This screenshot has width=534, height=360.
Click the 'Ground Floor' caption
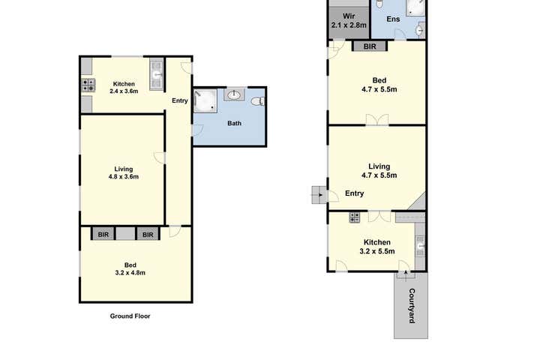[x=130, y=316]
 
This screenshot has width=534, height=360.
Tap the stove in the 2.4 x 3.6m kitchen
[x=87, y=85]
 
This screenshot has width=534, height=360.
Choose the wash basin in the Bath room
[x=235, y=95]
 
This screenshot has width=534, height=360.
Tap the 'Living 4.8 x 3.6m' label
[x=123, y=172]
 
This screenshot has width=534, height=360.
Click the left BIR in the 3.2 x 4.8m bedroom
[x=103, y=235]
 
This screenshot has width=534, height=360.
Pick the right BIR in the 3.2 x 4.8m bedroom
[x=148, y=235]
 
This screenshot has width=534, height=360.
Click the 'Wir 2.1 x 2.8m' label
[x=349, y=21]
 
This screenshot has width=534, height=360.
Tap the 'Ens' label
[x=392, y=19]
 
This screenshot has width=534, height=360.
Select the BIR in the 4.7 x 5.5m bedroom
[x=369, y=46]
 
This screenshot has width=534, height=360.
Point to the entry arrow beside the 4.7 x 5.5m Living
[x=318, y=196]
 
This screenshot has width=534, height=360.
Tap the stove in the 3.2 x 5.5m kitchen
[x=355, y=217]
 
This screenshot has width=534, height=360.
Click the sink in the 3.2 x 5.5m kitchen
[x=421, y=243]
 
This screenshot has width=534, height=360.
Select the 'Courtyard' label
[x=411, y=306]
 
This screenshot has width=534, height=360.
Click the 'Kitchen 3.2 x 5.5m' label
[x=376, y=247]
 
